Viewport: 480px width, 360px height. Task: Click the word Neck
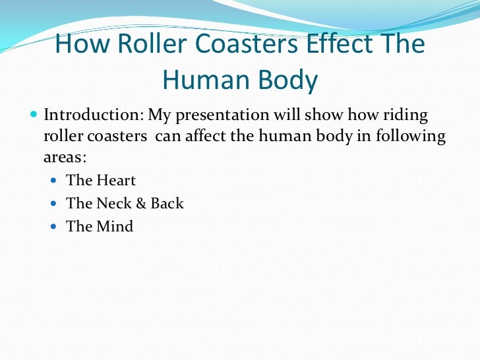(x=114, y=204)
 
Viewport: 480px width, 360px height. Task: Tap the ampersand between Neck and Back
(x=141, y=204)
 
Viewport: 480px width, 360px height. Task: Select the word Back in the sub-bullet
(x=167, y=204)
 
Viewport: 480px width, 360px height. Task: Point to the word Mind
(x=115, y=227)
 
